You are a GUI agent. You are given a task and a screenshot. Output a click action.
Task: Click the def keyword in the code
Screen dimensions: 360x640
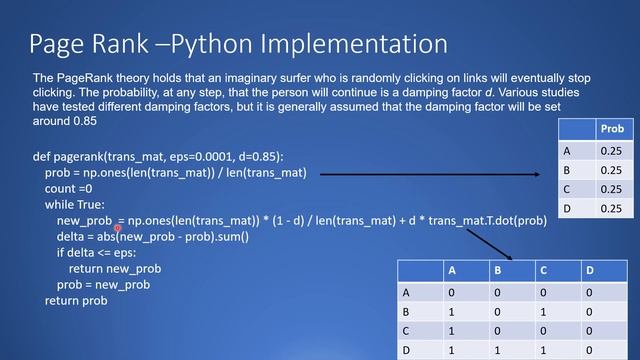(x=42, y=157)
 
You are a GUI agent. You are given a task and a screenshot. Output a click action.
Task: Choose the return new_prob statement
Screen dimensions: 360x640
(x=114, y=269)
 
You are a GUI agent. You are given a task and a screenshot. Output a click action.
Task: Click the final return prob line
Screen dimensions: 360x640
(x=76, y=300)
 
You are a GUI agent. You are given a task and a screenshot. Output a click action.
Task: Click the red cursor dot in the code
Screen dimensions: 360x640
(x=118, y=228)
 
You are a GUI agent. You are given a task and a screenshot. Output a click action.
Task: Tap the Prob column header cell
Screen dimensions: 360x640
(x=611, y=130)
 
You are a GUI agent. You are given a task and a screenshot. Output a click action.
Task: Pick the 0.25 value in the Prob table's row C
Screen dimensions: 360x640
(x=611, y=189)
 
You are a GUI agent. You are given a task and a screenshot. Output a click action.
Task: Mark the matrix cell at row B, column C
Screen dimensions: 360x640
(x=543, y=311)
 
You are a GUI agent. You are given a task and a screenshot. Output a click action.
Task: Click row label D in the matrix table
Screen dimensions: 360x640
(x=407, y=351)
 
